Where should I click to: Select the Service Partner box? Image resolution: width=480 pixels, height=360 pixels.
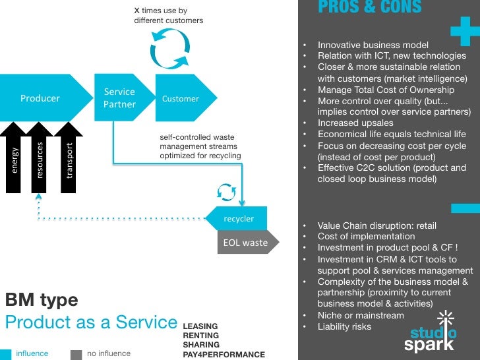tap(120, 98)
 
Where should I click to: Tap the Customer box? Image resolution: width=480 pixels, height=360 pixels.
tap(181, 98)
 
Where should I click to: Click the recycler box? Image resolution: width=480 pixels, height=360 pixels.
tap(237, 218)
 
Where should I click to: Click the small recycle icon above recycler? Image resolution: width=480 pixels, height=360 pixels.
tap(226, 191)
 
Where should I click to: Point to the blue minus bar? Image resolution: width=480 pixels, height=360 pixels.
tap(465, 208)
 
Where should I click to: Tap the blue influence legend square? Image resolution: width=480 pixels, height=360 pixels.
tap(5, 354)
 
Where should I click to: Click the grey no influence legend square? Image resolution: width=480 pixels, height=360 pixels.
tap(76, 354)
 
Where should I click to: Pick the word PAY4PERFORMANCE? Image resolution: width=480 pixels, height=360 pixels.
tap(224, 355)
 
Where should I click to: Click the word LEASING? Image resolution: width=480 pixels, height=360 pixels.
tap(200, 326)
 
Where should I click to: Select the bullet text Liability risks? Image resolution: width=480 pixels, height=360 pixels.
tap(344, 326)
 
